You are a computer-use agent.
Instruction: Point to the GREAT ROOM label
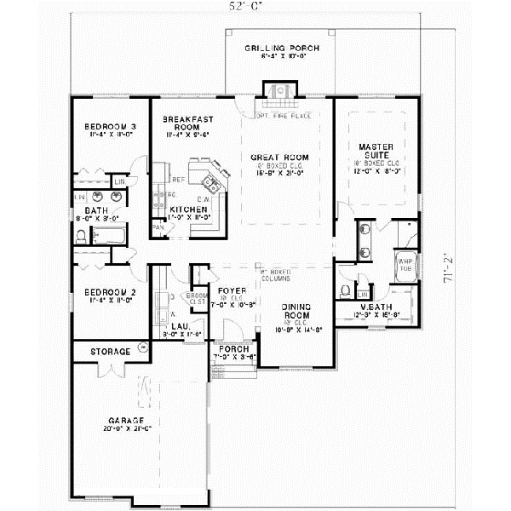(278, 158)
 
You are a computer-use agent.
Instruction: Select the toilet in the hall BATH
(82, 238)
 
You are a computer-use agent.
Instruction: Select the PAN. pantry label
(158, 228)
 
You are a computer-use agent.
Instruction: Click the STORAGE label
(111, 351)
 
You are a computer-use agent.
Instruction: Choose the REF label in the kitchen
(178, 180)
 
